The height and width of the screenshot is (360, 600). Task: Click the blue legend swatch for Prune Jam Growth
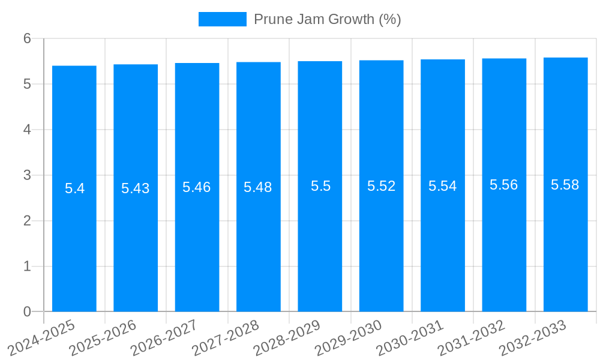[x=222, y=19]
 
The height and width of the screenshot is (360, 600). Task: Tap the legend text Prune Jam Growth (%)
[x=327, y=19]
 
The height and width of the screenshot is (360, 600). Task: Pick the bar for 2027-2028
[x=259, y=252]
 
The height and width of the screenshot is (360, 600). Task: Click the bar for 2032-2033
[x=565, y=252]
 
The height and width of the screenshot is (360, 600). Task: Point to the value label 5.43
[x=136, y=188]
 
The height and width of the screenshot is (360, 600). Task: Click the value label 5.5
[x=320, y=186]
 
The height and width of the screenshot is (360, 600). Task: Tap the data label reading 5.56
[x=504, y=185]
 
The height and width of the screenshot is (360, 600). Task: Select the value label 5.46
[x=197, y=187]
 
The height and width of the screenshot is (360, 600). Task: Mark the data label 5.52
[x=382, y=186]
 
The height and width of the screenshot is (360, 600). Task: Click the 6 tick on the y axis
[x=27, y=38]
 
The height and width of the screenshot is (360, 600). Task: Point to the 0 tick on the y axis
[x=27, y=311]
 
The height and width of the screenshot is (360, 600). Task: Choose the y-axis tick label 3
[x=27, y=175]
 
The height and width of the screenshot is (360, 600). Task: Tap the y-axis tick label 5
[x=27, y=84]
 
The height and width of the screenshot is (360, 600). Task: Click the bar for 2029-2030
[x=382, y=252]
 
